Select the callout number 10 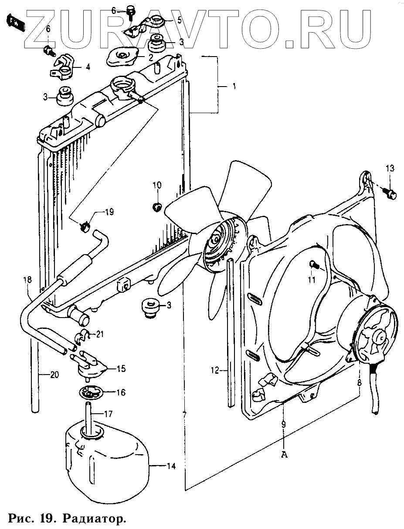click(156, 185)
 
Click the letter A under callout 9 click(284, 455)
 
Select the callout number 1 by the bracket click(234, 87)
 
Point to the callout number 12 click(215, 371)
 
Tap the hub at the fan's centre click(217, 240)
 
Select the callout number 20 click(54, 375)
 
